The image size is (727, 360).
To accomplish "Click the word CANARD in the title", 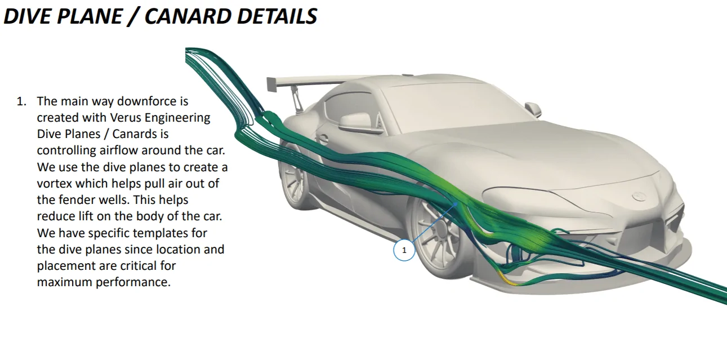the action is point(186,16).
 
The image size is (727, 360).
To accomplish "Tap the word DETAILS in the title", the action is point(277,16).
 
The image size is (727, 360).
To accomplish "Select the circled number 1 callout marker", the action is point(404,250).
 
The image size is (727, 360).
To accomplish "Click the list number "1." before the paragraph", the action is point(22,101).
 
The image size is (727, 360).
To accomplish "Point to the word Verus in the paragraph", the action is point(126,118).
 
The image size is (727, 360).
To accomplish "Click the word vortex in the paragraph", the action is point(54,184).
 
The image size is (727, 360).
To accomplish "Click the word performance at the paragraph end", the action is point(133,283).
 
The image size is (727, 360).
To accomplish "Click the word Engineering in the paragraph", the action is point(177,118).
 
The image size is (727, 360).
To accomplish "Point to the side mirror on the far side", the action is point(533,109).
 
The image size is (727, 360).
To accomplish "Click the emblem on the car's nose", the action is point(639,197).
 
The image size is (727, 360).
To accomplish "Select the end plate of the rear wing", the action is point(271,85).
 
